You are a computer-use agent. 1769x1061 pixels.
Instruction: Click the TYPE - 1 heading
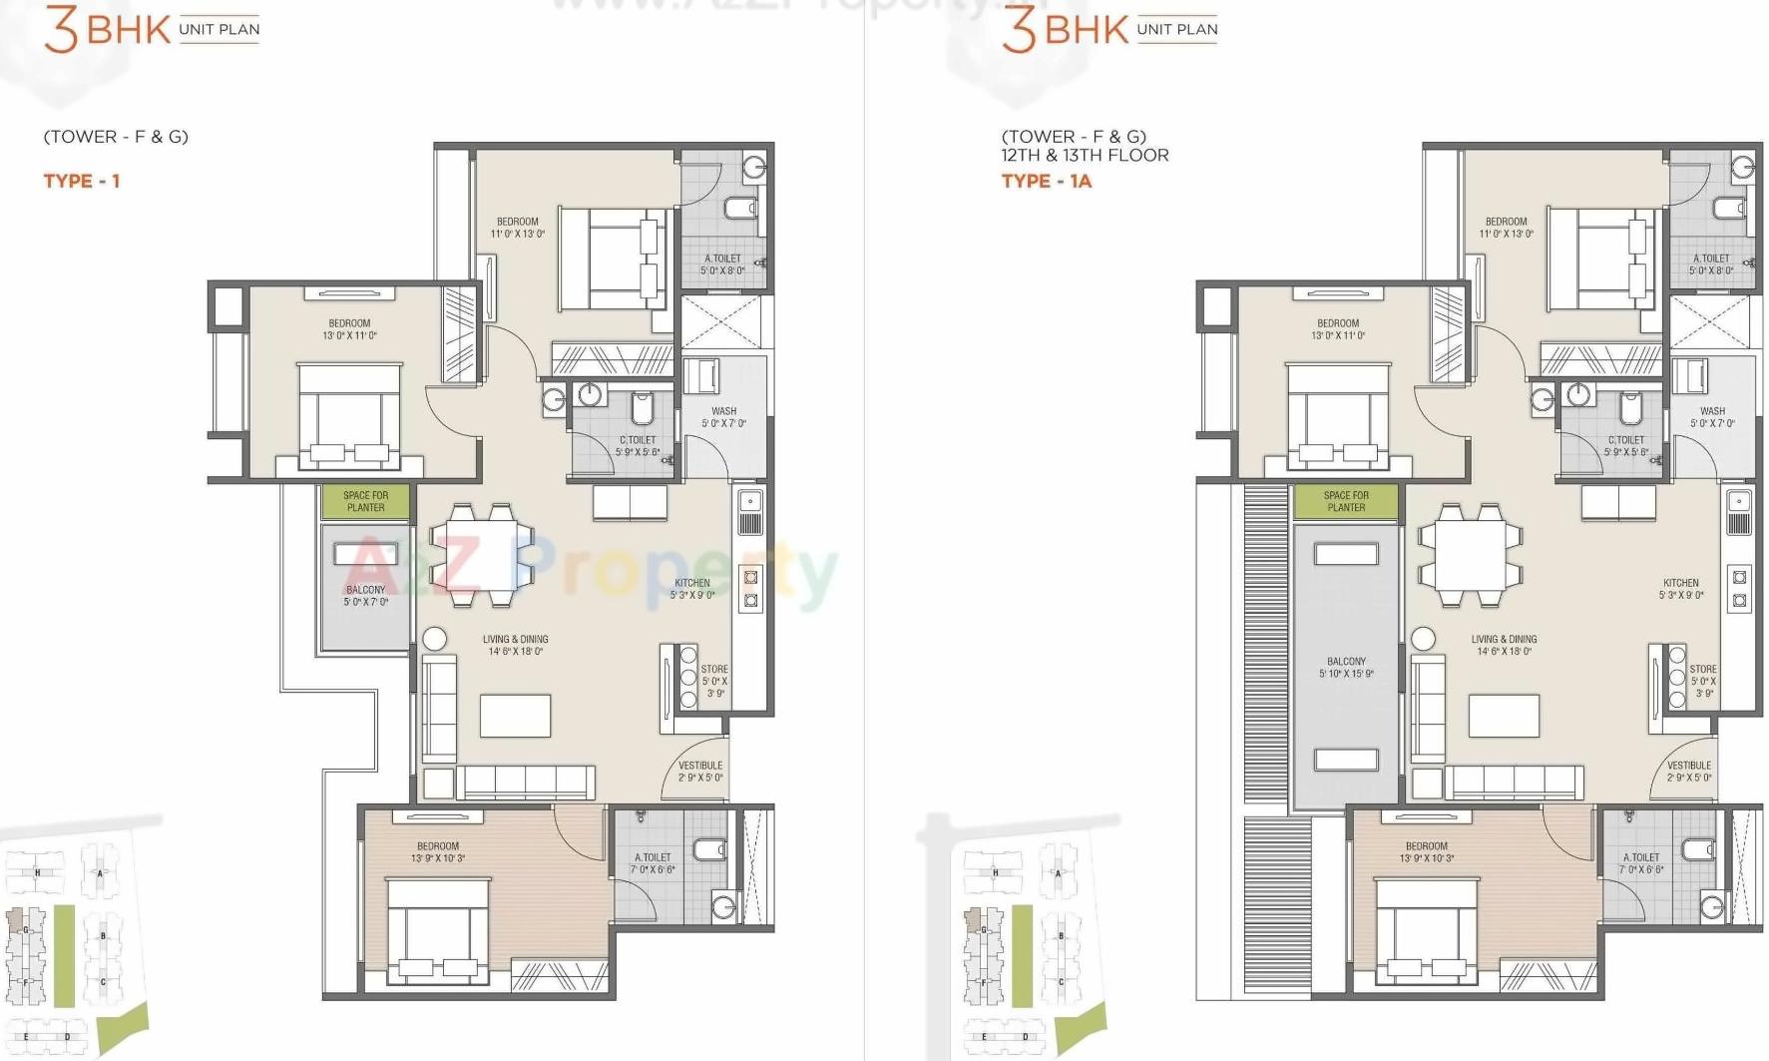(x=82, y=181)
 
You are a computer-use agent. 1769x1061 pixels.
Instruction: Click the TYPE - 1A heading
(x=1047, y=181)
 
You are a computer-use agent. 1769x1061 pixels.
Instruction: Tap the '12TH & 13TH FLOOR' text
(x=1085, y=155)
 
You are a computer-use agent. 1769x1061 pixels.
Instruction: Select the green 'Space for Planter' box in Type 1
(x=365, y=502)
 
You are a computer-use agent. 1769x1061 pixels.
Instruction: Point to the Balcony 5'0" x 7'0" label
(x=366, y=596)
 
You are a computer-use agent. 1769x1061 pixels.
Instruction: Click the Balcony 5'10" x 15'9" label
(x=1346, y=668)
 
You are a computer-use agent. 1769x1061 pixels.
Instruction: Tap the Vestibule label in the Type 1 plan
(x=700, y=772)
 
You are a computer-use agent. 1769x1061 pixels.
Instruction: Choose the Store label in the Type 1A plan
(x=1703, y=681)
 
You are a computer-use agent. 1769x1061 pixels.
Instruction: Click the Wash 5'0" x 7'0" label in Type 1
(x=723, y=417)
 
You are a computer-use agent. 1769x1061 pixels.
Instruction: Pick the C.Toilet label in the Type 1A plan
(x=1626, y=446)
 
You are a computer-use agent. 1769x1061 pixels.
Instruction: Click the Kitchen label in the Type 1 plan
(x=692, y=589)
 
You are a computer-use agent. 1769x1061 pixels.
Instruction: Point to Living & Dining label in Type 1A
(x=1504, y=645)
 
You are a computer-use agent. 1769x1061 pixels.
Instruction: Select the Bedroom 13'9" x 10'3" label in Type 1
(x=438, y=852)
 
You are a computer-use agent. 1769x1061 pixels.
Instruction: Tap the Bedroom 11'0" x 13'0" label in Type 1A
(x=1506, y=228)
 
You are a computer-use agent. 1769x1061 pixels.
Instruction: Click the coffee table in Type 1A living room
(x=1504, y=716)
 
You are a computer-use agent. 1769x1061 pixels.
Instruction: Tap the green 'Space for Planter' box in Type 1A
(x=1346, y=502)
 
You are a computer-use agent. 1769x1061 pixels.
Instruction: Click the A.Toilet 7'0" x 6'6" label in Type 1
(x=653, y=863)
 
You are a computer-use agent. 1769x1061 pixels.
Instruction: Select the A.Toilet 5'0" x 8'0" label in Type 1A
(x=1711, y=265)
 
